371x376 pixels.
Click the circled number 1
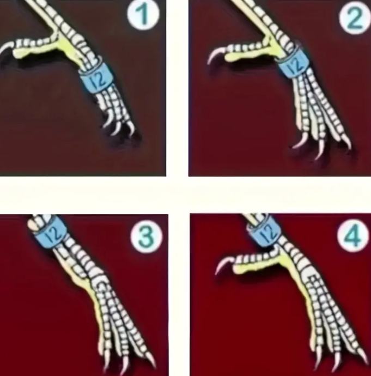143,15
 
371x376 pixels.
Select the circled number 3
147,236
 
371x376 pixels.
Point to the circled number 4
353,235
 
